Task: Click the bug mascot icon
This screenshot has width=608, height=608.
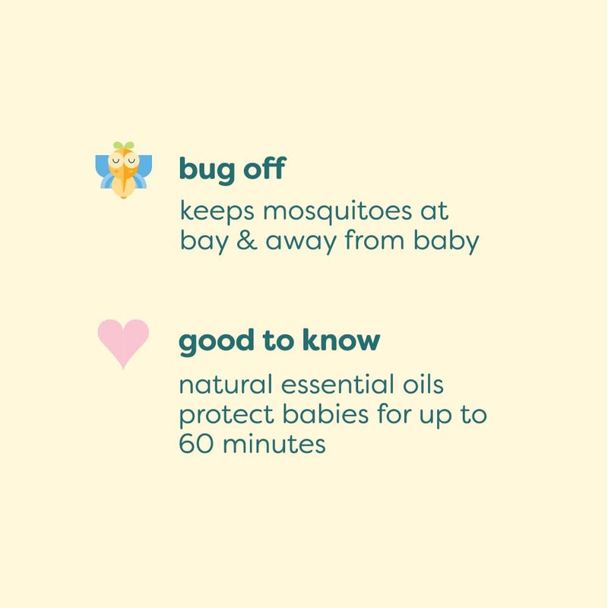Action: click(122, 170)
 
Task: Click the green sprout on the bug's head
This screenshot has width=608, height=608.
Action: click(123, 145)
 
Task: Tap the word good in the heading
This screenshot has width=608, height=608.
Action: click(211, 342)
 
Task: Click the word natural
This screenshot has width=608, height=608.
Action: click(223, 385)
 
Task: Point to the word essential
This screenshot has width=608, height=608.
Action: click(340, 385)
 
